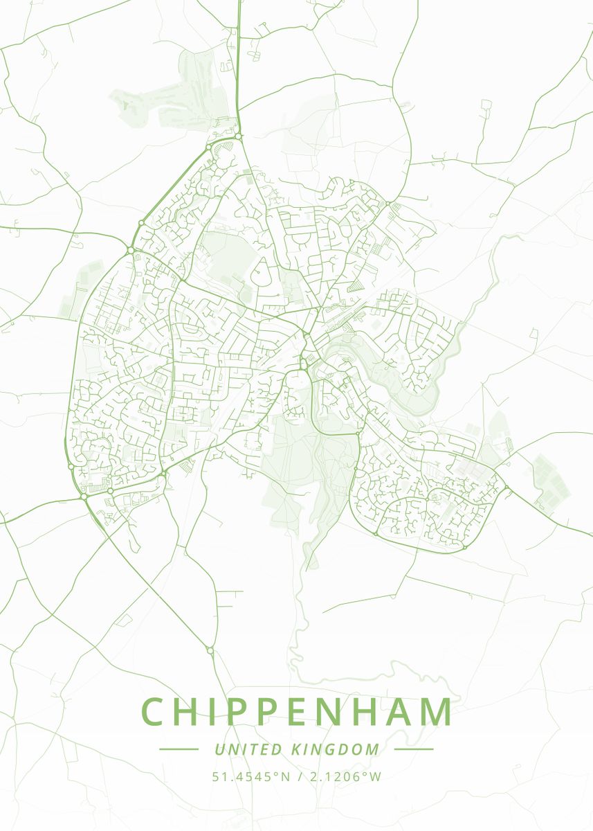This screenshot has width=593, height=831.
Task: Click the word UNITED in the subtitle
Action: pyautogui.click(x=248, y=749)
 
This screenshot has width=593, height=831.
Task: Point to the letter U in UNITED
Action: pyautogui.click(x=219, y=749)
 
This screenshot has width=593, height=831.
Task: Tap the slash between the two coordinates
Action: pyautogui.click(x=300, y=776)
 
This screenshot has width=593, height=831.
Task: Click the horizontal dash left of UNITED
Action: pyautogui.click(x=179, y=749)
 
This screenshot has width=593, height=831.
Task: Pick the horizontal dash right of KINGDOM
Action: pyautogui.click(x=414, y=749)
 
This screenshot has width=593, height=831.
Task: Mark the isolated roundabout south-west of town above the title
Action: pyautogui.click(x=210, y=650)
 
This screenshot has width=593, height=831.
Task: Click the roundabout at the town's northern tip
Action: pyautogui.click(x=239, y=136)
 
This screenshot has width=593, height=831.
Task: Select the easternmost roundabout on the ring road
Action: pyautogui.click(x=507, y=488)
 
